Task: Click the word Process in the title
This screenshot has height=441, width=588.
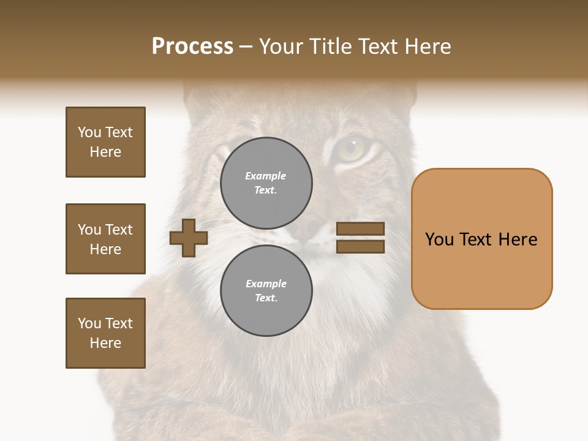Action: (192, 47)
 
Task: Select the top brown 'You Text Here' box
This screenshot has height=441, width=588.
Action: (105, 142)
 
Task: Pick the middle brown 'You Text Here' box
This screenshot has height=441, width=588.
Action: (105, 239)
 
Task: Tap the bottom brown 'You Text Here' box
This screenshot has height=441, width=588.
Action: (105, 333)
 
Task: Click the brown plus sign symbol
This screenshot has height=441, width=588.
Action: (189, 238)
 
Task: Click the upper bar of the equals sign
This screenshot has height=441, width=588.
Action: (360, 229)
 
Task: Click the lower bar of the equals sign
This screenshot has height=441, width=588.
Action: (360, 246)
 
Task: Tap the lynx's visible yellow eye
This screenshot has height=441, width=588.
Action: (351, 148)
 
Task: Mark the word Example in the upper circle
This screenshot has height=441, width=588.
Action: (266, 176)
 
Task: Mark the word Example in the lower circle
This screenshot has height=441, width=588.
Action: (266, 284)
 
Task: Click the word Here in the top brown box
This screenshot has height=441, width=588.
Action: (105, 152)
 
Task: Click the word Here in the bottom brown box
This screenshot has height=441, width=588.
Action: (105, 343)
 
